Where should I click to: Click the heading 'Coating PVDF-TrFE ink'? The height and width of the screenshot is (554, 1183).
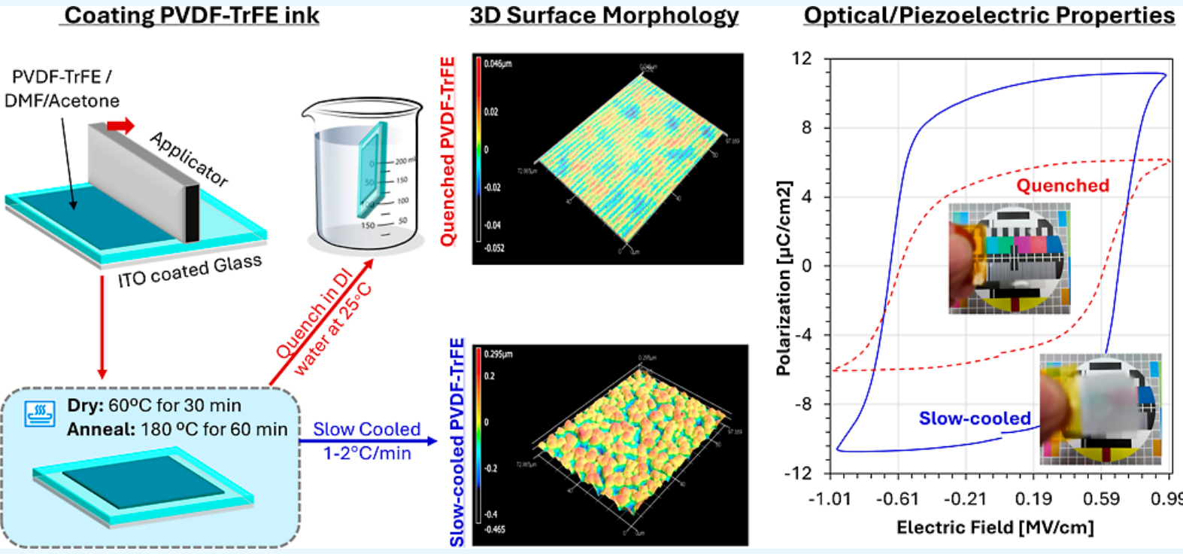click(192, 15)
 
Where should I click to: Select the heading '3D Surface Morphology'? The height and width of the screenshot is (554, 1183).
click(604, 15)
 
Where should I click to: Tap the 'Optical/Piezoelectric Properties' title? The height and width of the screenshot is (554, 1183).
click(989, 15)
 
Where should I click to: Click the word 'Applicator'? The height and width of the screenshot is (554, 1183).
click(189, 159)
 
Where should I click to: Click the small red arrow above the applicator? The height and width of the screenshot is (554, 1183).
click(120, 125)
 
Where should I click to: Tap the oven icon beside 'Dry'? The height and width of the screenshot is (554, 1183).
click(40, 414)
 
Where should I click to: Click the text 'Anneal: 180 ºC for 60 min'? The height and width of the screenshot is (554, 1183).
click(177, 429)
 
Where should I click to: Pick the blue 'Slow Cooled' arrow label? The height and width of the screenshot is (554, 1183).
click(366, 430)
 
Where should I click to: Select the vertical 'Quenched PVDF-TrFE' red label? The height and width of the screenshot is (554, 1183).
click(447, 151)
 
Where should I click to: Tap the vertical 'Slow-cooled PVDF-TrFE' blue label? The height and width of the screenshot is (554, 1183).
click(457, 443)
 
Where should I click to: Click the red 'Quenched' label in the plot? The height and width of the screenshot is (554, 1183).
click(1063, 186)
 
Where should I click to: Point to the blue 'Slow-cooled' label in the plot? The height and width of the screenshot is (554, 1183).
click(975, 419)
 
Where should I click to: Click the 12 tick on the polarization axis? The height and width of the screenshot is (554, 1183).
click(802, 59)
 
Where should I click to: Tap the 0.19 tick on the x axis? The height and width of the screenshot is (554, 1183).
click(1033, 499)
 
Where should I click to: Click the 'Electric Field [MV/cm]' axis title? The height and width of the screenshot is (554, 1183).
click(994, 528)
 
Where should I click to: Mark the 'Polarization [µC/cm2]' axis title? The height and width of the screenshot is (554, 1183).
click(784, 278)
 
